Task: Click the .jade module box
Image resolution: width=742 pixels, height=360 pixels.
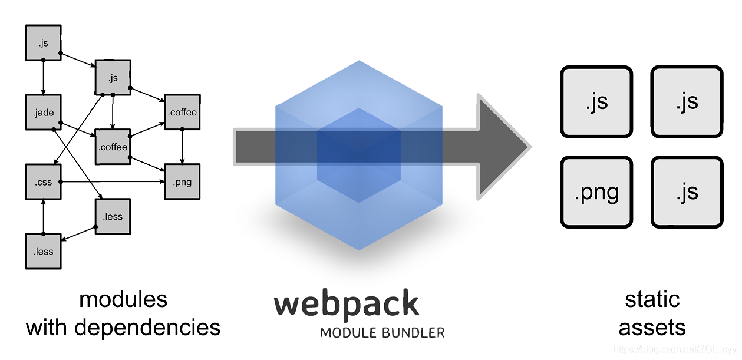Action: coord(43,112)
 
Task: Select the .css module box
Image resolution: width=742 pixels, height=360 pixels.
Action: coord(43,181)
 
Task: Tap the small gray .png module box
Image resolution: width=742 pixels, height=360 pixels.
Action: coord(182,181)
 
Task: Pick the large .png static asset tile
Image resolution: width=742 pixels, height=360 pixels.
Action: coord(596,192)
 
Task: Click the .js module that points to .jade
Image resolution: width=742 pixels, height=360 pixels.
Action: coord(43,42)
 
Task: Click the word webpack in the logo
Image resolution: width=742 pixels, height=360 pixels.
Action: coord(347,304)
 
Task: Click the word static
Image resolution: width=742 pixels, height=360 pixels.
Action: coord(652,299)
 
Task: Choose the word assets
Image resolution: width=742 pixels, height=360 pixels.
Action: coord(652,327)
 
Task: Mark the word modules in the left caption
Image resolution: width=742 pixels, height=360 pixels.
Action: coord(123,299)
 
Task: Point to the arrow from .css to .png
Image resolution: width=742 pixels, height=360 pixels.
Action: coord(112,181)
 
